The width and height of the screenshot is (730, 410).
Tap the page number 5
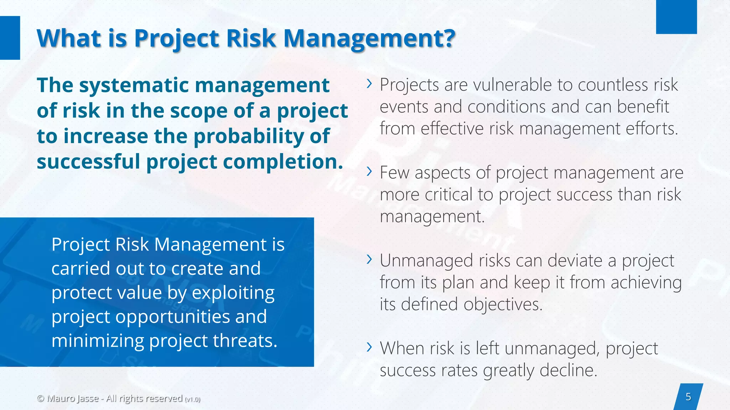point(688,397)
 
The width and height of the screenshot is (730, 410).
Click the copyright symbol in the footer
point(41,398)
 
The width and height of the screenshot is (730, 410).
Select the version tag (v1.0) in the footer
point(192,399)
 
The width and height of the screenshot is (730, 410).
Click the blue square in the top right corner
point(676,17)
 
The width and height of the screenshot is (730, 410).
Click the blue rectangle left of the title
point(10,38)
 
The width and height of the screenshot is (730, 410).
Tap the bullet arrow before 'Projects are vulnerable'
point(369,84)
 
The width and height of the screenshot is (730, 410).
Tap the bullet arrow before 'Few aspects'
point(369,172)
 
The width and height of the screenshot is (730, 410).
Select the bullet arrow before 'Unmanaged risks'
point(369,259)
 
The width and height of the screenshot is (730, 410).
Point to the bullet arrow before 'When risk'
point(369,347)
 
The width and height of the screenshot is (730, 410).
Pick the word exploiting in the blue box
point(233,293)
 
